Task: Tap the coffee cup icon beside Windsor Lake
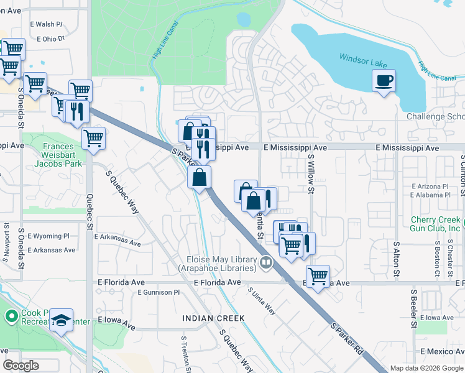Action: (384, 80)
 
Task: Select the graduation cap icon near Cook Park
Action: (61, 320)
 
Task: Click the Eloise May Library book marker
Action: (266, 264)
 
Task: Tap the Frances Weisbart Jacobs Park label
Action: (62, 155)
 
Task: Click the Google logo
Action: (21, 366)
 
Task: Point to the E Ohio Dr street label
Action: (51, 39)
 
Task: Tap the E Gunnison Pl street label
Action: (159, 292)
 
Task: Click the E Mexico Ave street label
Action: (441, 352)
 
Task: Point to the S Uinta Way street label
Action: (262, 300)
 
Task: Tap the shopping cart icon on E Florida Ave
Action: (318, 275)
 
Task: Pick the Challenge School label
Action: (435, 117)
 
